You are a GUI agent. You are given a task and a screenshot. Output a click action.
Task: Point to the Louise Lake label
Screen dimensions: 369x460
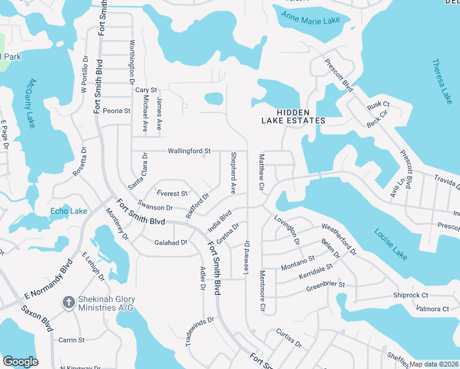coord(389,243)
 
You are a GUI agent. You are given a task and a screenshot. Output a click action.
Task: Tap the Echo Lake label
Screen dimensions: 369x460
coord(69,211)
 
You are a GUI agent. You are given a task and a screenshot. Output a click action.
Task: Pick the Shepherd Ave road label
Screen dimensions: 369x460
coord(233,173)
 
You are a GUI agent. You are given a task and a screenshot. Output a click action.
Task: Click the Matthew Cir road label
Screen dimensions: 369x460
coord(261,172)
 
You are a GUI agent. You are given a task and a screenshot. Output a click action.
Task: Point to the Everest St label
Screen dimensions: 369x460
coord(172,194)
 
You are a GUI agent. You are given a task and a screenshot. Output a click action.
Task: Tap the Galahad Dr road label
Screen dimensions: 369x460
coord(170,242)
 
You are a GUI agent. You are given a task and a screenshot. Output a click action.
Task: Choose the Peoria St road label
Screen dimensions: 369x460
coord(117,111)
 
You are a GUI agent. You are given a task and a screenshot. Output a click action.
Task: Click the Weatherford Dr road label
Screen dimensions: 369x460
coord(338,239)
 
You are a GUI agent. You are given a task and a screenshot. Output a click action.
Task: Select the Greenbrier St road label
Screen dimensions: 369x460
coord(325,285)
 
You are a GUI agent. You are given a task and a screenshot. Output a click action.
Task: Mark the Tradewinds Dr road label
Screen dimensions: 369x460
coord(200,333)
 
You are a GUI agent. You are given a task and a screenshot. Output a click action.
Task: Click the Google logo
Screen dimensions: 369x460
coord(20,362)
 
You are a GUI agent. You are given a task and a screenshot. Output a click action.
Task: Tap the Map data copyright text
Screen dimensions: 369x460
coord(434,364)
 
